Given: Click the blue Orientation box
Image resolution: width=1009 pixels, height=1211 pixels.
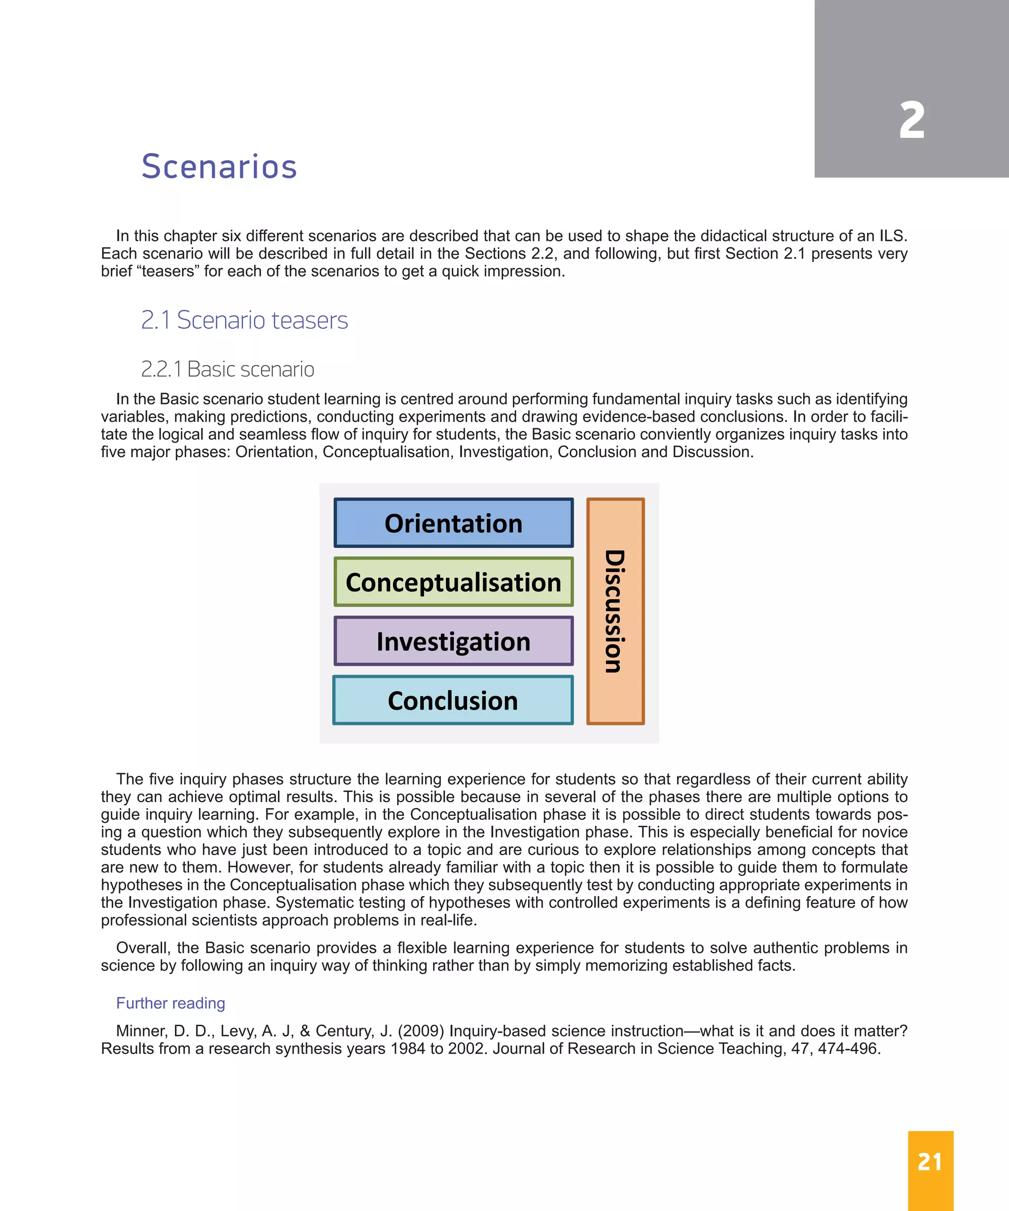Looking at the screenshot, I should click(453, 523).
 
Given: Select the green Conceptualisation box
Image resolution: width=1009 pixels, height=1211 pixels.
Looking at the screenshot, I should click(453, 582).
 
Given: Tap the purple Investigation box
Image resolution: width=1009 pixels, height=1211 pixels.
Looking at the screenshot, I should click(453, 641).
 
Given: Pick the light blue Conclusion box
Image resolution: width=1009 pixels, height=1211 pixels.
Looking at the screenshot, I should click(453, 700).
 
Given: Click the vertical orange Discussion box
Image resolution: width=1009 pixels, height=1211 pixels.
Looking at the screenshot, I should click(615, 611).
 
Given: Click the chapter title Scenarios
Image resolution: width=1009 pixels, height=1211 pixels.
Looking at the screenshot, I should click(219, 167).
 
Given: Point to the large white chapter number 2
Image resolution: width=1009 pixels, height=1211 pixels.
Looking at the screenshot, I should click(911, 121).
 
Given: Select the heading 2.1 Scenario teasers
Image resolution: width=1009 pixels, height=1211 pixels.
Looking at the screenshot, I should click(244, 320).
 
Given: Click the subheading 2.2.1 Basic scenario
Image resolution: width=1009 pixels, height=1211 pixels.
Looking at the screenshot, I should click(228, 369).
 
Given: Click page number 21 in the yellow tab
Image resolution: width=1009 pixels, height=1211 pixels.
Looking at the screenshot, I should click(930, 1162).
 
